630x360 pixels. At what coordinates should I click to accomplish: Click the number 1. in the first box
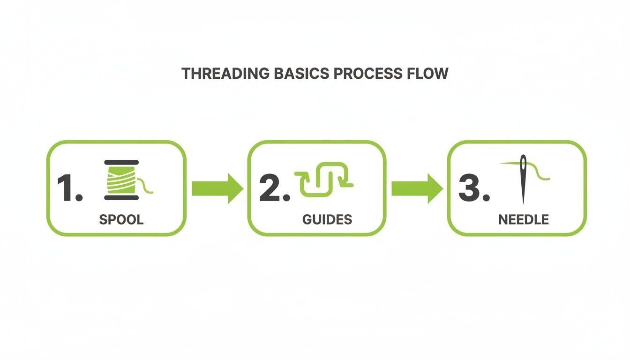point(69,188)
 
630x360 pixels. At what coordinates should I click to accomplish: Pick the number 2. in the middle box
point(274,188)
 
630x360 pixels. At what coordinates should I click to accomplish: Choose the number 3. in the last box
point(474,188)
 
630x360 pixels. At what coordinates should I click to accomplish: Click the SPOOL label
point(121,219)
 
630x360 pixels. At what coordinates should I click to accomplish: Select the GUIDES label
point(327,219)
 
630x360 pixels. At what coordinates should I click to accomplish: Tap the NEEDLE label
point(524,219)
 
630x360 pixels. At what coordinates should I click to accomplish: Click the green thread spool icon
point(121,180)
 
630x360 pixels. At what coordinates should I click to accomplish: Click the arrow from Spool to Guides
point(217,188)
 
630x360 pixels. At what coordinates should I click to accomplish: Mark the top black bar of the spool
point(121,161)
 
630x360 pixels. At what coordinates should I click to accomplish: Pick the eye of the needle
point(523,163)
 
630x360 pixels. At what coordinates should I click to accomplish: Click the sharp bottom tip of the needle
point(523,202)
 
